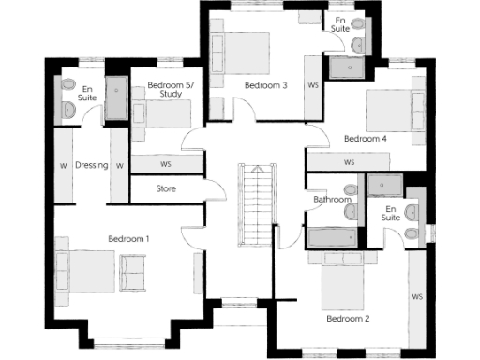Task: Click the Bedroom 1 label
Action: coord(128,238)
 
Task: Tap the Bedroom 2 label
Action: coord(348,319)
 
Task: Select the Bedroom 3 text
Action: coord(265,85)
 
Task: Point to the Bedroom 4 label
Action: coord(365,139)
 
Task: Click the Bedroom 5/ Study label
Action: coord(170,90)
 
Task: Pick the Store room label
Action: coord(166,188)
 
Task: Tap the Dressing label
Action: coord(92,165)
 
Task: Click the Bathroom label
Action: coord(332,200)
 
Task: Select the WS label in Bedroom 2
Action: coord(416,297)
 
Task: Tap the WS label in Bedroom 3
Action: coord(313,85)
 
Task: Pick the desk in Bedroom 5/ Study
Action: coord(170,113)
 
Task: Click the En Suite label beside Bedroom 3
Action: coord(339,23)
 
